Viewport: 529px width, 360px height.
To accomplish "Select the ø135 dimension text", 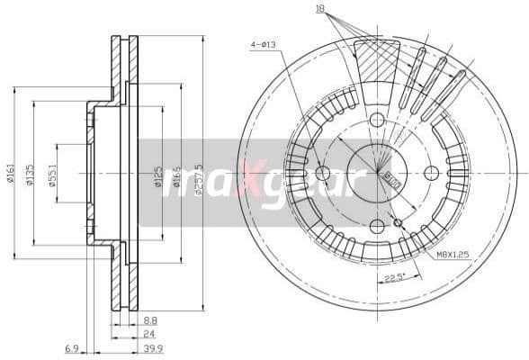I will (x=30, y=173).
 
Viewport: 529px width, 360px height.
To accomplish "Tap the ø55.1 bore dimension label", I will (x=51, y=173).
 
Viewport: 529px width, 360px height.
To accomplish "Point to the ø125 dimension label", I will (x=159, y=176).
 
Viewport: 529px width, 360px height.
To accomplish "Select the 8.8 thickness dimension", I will (x=149, y=319).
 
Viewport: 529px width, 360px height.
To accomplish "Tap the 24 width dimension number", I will (x=149, y=333).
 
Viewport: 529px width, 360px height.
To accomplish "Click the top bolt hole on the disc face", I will (x=377, y=120).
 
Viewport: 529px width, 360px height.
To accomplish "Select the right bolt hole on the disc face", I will (x=431, y=173).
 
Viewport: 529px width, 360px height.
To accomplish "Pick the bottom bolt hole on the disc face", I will (x=377, y=225).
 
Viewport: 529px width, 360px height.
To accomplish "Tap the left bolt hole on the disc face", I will (x=323, y=173).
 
